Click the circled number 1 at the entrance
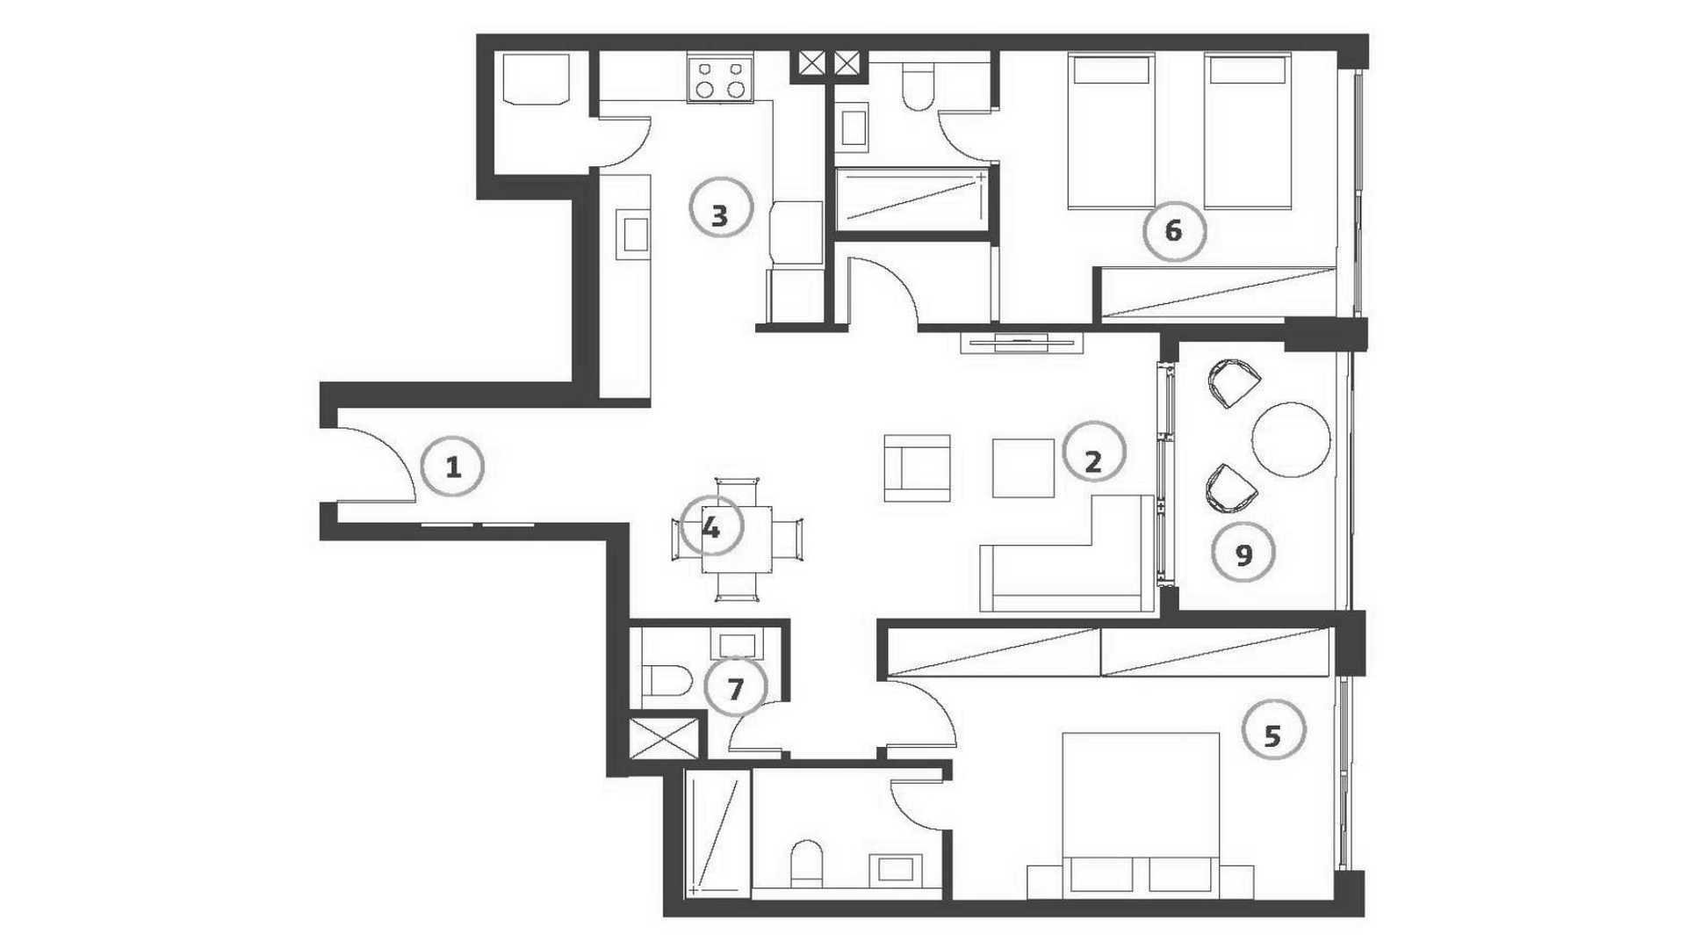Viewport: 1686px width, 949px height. [x=453, y=467]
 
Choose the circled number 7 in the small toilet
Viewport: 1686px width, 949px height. [x=736, y=687]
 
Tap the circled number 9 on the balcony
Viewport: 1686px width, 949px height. [x=1243, y=554]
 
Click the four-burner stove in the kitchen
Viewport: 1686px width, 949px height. [x=720, y=78]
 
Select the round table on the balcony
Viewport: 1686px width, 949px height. [x=1291, y=439]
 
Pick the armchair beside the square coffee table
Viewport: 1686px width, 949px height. [x=917, y=467]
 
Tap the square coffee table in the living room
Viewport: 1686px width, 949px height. [x=1023, y=467]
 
